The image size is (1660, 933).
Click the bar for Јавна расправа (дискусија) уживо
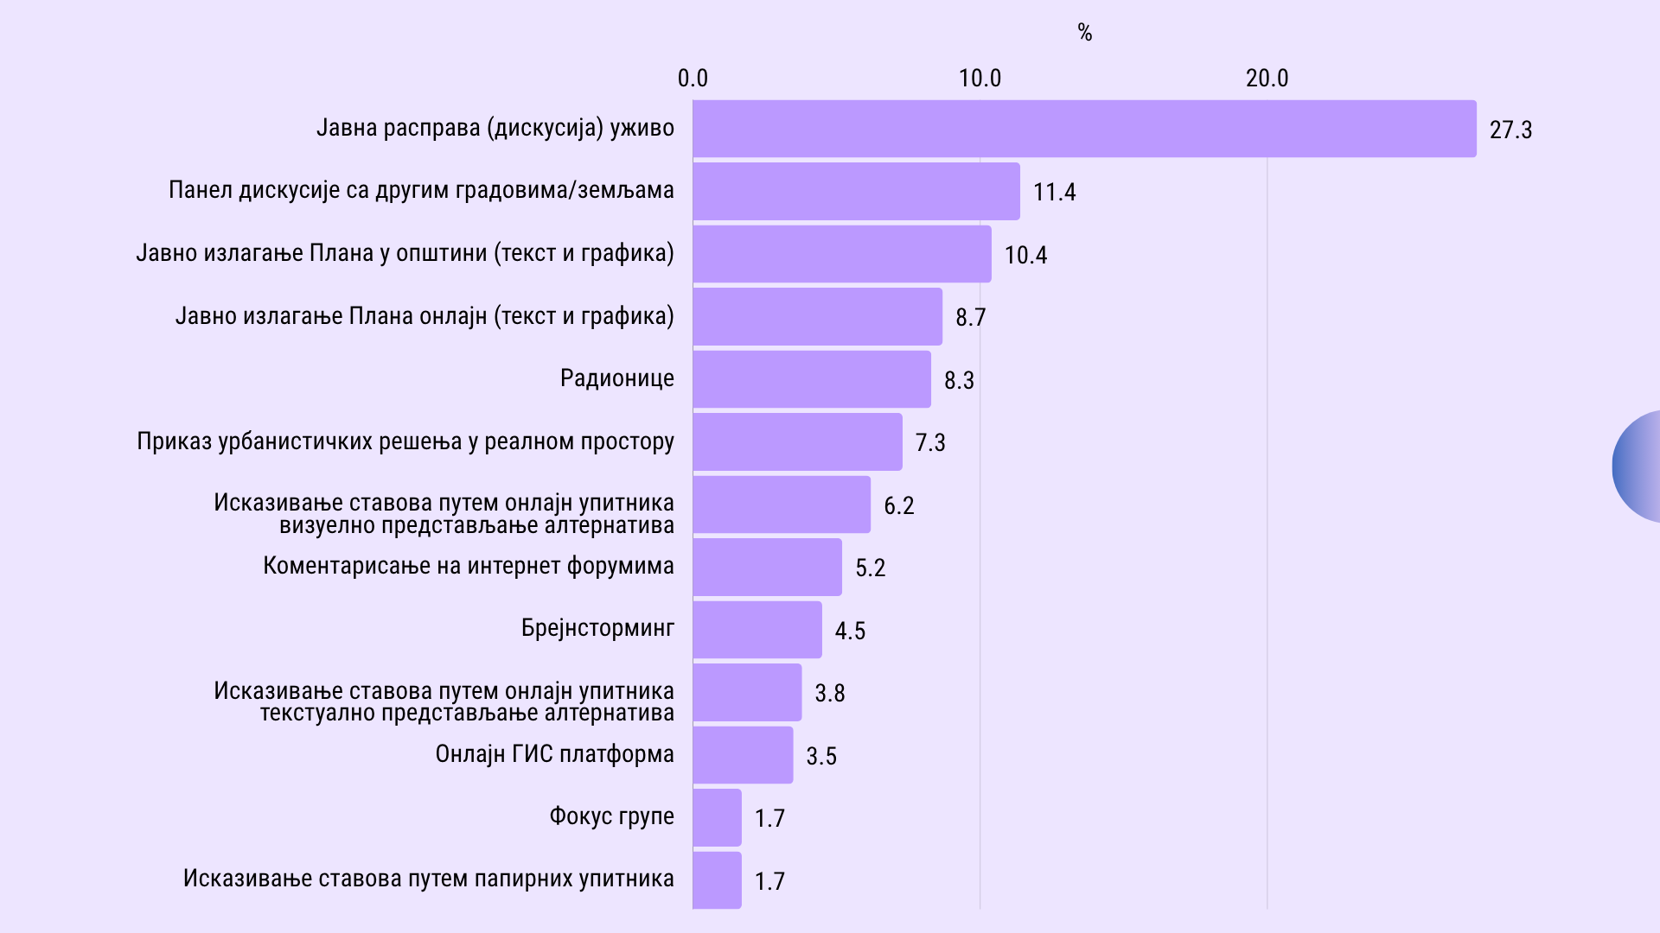1084,129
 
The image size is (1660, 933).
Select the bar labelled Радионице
812,379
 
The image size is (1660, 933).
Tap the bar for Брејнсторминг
757,630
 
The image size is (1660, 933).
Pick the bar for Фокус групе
717,817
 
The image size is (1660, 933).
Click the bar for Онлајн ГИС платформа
743,755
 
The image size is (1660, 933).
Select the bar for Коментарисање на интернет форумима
767,568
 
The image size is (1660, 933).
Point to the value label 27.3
1510,130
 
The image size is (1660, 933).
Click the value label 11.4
1054,192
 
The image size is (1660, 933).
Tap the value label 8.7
970,317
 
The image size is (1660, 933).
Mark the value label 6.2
898,505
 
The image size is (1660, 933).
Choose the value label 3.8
829,693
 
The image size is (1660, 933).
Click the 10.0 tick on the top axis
980,79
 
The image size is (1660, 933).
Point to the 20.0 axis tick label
1267,79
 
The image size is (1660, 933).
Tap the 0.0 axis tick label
693,79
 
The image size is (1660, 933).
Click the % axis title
1085,33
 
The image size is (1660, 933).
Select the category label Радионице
616,378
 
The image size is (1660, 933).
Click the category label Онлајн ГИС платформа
554,754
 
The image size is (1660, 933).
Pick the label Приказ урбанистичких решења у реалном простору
405,441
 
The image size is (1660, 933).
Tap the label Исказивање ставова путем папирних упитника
428,879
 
